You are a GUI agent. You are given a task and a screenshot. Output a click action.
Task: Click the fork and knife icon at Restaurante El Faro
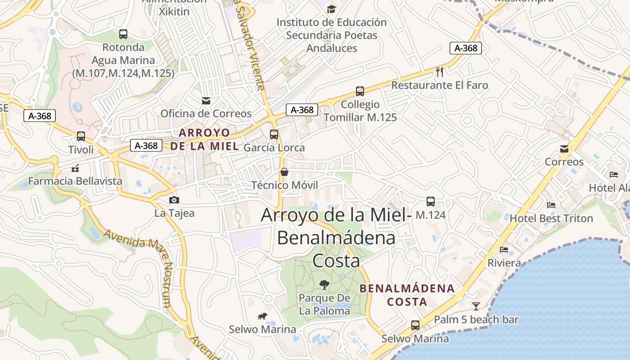(x=440, y=72)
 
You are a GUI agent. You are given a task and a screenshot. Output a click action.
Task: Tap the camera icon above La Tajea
(x=174, y=200)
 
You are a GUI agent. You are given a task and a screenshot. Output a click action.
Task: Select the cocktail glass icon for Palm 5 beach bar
(x=476, y=306)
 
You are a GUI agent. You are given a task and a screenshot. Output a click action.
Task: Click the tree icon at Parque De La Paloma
(x=324, y=284)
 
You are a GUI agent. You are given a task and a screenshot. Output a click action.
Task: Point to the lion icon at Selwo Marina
(x=262, y=316)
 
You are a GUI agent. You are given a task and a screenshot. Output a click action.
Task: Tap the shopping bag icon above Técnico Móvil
(x=284, y=172)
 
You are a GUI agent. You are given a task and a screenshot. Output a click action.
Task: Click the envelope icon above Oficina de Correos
(x=206, y=100)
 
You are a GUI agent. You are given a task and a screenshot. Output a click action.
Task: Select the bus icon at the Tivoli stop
(x=81, y=136)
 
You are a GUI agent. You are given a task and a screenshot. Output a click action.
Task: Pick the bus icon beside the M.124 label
(x=431, y=202)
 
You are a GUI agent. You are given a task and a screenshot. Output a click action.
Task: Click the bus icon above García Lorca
(x=274, y=134)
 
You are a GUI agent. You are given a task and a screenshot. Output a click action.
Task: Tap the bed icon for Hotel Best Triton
(x=551, y=205)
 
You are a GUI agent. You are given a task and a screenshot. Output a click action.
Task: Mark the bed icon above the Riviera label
(x=504, y=250)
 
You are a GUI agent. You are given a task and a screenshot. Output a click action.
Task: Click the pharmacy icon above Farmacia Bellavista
(x=75, y=168)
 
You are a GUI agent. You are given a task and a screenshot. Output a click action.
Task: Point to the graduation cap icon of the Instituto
(x=331, y=9)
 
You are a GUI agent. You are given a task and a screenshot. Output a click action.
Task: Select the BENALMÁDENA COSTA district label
(x=407, y=295)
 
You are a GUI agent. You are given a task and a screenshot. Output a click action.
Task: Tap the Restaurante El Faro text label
(x=440, y=85)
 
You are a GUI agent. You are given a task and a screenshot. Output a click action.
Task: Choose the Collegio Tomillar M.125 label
(x=360, y=111)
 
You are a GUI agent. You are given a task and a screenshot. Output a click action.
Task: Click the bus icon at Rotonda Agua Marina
(x=123, y=34)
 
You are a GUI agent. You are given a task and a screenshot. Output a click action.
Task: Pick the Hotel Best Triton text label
(x=551, y=219)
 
